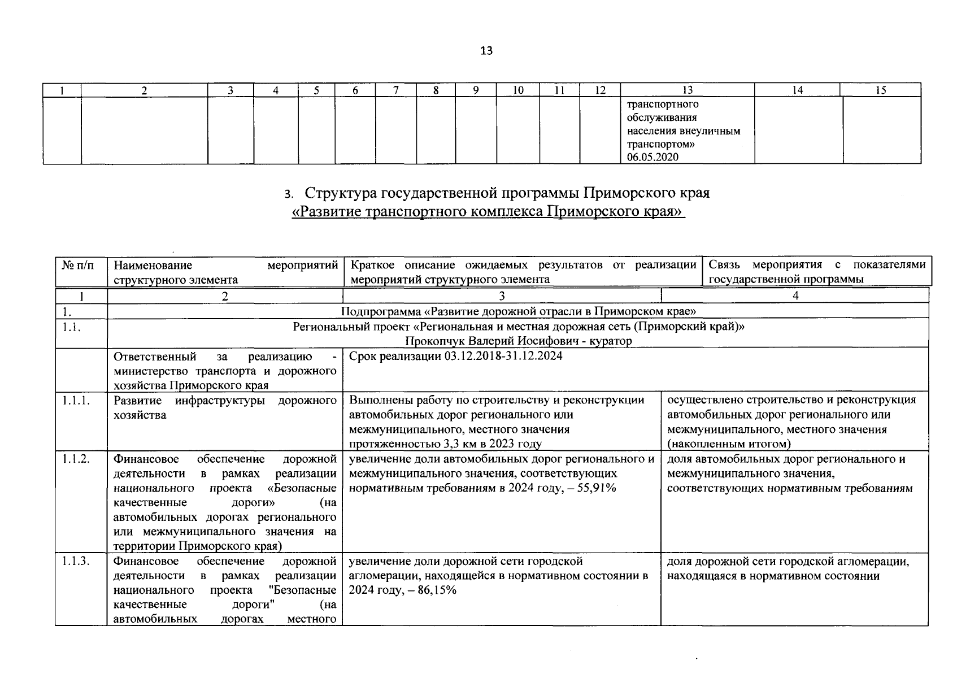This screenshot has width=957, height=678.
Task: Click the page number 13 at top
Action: pos(486,51)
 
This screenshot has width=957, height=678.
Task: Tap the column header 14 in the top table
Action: pos(797,90)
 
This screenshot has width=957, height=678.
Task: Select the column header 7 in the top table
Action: pos(396,90)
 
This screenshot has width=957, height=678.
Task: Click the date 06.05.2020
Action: pos(652,157)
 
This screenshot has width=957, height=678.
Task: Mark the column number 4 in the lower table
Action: pos(795,295)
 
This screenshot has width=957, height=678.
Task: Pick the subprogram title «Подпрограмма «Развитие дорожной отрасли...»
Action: pos(518,311)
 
